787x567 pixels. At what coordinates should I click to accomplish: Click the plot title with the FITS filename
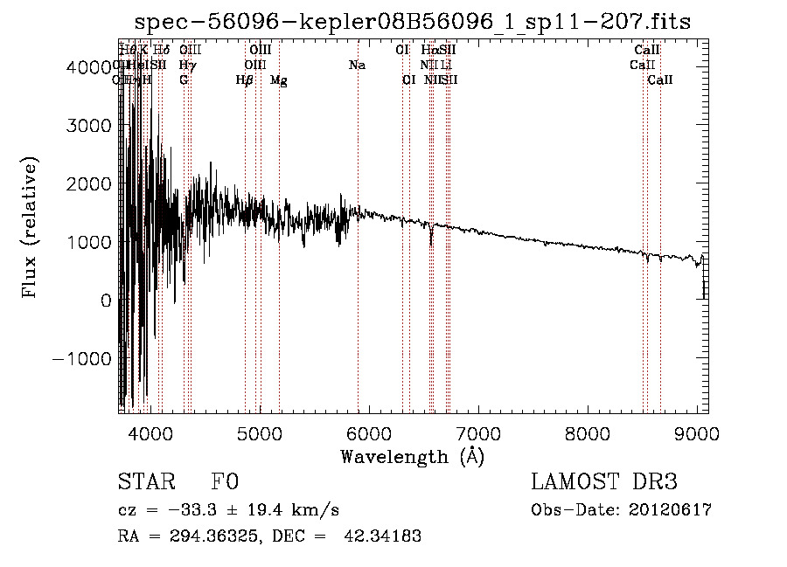[413, 22]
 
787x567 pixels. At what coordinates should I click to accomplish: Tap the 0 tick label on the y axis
[105, 301]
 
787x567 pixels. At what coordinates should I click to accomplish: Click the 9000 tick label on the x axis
[697, 432]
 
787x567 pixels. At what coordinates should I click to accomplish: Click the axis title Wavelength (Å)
[412, 456]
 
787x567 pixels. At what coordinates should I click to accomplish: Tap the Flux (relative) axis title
[31, 228]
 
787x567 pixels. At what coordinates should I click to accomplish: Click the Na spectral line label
[357, 66]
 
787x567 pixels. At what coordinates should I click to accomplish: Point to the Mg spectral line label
[278, 80]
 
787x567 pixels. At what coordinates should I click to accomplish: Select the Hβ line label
[245, 80]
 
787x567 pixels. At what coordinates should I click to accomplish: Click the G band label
[184, 80]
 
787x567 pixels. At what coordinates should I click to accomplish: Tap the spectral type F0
[225, 482]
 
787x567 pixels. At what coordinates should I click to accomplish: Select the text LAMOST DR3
[604, 482]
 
